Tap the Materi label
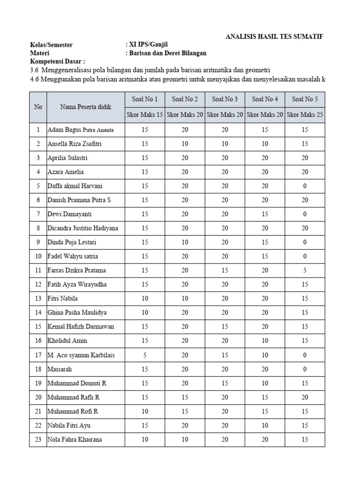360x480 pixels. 40,53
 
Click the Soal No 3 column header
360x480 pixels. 225,99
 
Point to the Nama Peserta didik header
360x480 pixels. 85,107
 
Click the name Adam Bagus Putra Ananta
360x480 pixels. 80,130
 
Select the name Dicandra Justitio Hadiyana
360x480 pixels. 82,228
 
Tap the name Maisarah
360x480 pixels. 60,369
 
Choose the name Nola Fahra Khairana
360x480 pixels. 75,440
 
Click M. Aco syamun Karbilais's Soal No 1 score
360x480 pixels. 145,355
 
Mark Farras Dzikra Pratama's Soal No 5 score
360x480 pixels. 305,270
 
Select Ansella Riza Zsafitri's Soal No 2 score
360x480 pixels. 185,144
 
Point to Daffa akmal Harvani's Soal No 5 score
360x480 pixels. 305,186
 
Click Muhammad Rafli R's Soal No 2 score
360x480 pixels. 185,397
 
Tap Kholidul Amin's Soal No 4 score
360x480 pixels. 265,341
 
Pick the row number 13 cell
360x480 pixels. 37,299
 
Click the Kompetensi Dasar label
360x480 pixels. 58,61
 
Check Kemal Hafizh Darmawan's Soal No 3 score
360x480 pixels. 225,327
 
